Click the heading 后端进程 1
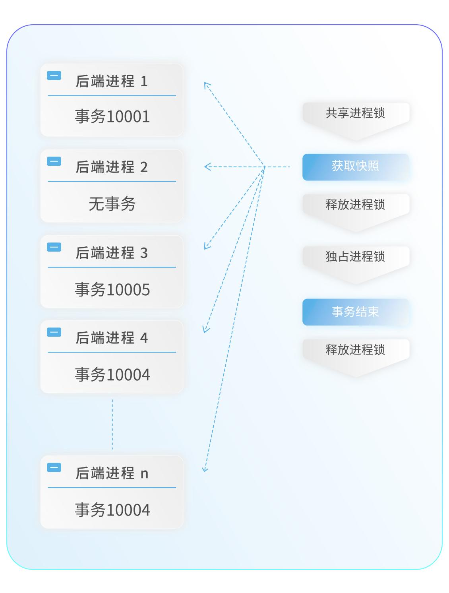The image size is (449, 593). (112, 81)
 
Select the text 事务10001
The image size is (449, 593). (112, 117)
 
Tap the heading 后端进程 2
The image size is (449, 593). (112, 167)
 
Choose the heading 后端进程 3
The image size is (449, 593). (112, 253)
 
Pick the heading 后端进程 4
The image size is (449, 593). (112, 338)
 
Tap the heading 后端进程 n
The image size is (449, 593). (112, 473)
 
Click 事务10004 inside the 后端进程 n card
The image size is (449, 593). (112, 510)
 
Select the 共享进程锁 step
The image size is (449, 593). (356, 114)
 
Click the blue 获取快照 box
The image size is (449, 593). (356, 167)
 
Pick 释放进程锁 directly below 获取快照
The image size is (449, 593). (356, 205)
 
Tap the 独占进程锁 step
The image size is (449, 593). (356, 257)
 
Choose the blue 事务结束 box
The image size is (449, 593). (356, 312)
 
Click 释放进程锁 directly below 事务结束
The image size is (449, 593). (356, 350)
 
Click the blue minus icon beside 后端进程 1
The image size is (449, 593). (54, 76)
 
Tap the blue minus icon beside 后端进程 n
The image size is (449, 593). (54, 467)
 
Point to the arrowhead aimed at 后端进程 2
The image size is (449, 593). (207, 167)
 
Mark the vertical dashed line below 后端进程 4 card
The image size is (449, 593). (112, 424)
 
